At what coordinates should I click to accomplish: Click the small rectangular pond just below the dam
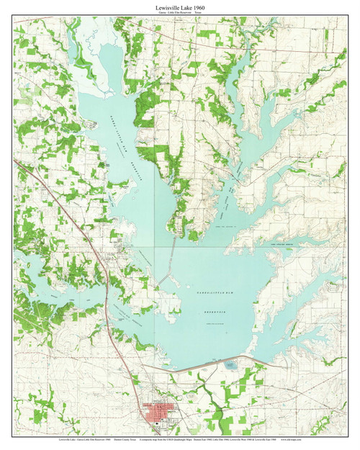point(232,366)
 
